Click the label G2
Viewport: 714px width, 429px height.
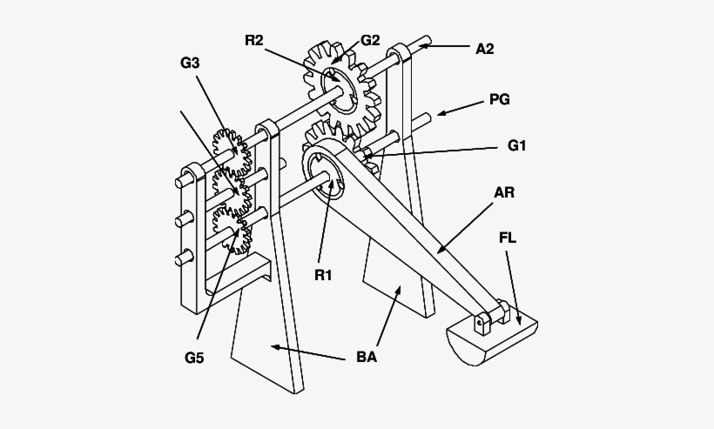tap(370, 41)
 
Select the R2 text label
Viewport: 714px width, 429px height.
tap(254, 41)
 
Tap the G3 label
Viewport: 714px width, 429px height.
tap(190, 63)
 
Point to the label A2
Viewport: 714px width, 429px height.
tap(485, 49)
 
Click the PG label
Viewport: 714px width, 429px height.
tap(500, 99)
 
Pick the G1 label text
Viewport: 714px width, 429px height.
tap(517, 145)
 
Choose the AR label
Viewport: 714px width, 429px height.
tap(504, 193)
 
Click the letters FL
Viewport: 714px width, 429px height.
tap(508, 238)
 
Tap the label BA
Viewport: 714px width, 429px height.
tap(367, 358)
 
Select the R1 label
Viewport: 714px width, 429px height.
tap(323, 275)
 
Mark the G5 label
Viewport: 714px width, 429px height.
tap(194, 358)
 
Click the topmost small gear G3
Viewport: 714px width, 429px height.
tap(232, 151)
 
